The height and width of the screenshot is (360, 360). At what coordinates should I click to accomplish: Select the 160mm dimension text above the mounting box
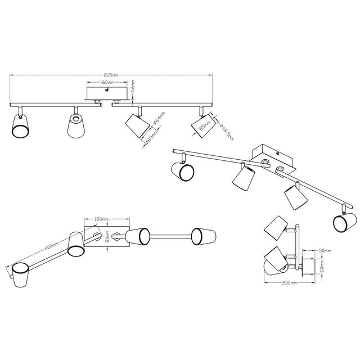click(107, 82)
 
